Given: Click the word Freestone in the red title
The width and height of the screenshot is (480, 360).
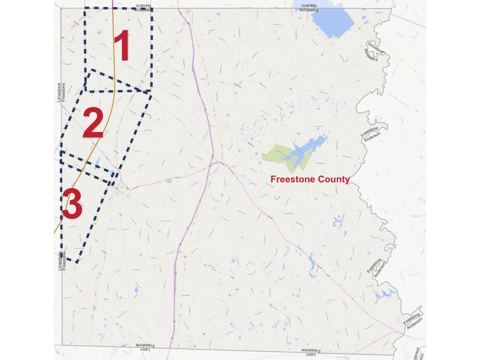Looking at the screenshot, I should pyautogui.click(x=292, y=180).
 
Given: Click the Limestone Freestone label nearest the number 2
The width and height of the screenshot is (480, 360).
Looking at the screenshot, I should pyautogui.click(x=61, y=92).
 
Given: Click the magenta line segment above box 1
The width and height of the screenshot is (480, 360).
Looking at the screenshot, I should pyautogui.click(x=113, y=4).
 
